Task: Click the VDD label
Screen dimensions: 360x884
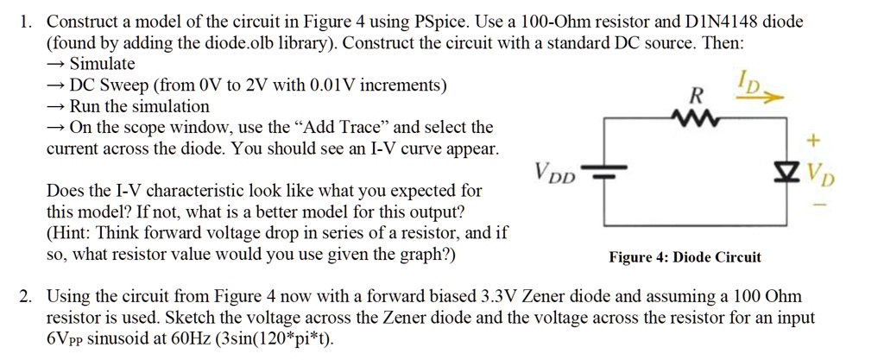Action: click(555, 169)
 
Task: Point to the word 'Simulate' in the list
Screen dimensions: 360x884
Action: click(102, 64)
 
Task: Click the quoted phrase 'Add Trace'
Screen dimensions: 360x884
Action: click(340, 128)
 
